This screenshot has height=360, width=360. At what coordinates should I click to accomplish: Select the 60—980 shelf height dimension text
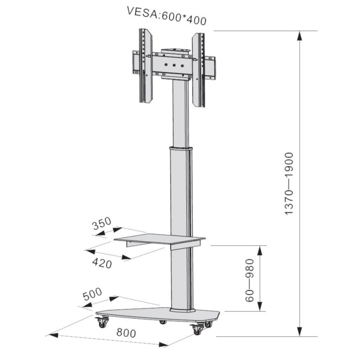pyautogui.click(x=251, y=280)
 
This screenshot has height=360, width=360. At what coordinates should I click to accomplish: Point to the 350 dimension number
pyautogui.click(x=102, y=225)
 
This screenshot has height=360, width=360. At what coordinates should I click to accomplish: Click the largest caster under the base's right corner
pyautogui.click(x=197, y=329)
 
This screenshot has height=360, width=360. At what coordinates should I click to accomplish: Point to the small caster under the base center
pyautogui.click(x=162, y=322)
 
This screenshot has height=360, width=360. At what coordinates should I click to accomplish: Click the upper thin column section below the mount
pyautogui.click(x=180, y=112)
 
